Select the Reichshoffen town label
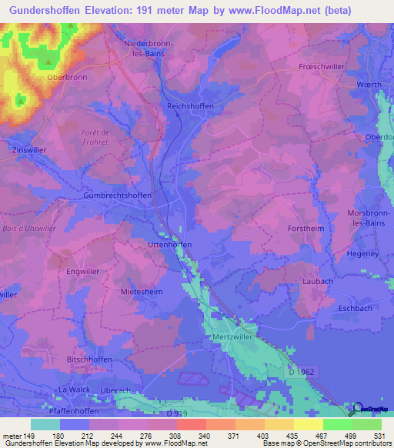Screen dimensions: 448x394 point(190,106)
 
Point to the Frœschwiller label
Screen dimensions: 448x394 point(322,68)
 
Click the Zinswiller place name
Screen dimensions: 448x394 point(30,150)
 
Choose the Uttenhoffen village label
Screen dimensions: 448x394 point(169,244)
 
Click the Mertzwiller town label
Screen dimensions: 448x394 point(232,338)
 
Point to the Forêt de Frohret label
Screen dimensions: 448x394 point(95,137)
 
